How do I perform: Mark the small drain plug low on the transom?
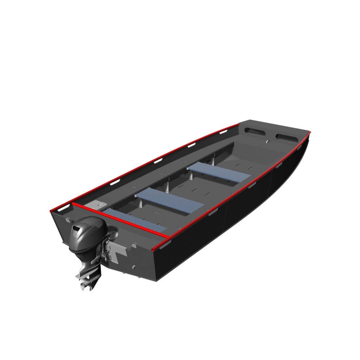[133, 267]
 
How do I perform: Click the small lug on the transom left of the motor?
[67, 220]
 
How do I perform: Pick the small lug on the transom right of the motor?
[134, 246]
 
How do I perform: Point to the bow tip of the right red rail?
[309, 133]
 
